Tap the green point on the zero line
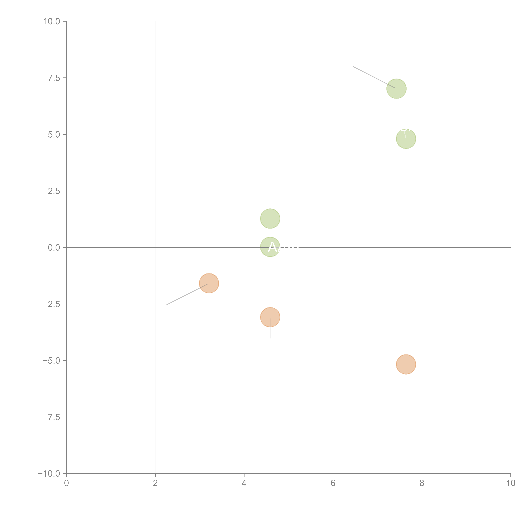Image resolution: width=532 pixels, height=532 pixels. pos(270,247)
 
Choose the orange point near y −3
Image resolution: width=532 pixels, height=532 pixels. pos(270,317)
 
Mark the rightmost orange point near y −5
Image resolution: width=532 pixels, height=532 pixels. pos(406,364)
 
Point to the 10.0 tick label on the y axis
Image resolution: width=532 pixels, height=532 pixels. pos(52,21)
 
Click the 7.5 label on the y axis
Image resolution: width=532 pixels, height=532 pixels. pos(54,78)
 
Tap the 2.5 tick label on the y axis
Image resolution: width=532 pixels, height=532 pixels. pos(54,191)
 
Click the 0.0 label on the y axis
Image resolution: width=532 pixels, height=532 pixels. pos(54,248)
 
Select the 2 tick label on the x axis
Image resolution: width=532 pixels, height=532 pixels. pos(155,483)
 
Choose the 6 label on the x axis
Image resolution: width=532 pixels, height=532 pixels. pos(333,483)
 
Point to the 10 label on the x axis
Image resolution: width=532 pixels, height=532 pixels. pos(511,483)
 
